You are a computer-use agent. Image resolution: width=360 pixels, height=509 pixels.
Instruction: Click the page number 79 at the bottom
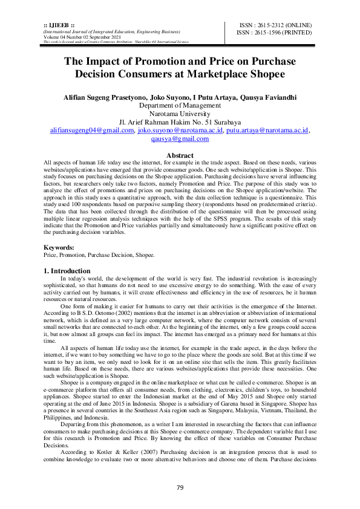(x=180, y=488)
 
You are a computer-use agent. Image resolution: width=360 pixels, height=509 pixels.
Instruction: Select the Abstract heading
(x=180, y=155)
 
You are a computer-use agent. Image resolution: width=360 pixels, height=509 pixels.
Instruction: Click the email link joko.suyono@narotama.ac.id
(x=180, y=130)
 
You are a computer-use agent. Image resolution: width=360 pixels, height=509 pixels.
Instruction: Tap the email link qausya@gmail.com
(x=180, y=138)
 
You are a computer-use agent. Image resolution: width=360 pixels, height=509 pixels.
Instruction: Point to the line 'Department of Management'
(x=180, y=105)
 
